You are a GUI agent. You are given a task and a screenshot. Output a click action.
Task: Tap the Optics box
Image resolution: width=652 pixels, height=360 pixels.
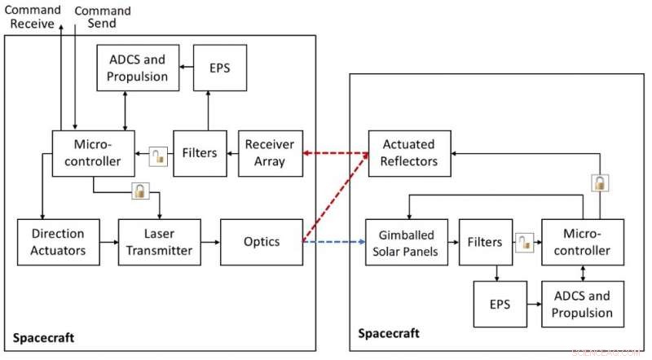[262, 242]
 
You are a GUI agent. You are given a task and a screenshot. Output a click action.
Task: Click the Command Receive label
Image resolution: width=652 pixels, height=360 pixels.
[32, 17]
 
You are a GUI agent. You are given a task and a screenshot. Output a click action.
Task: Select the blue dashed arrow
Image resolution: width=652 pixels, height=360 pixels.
[334, 242]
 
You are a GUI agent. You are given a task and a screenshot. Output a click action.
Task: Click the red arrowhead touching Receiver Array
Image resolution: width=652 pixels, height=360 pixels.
[307, 153]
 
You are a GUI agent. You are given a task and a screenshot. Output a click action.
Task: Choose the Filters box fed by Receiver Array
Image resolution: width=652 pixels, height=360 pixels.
[199, 153]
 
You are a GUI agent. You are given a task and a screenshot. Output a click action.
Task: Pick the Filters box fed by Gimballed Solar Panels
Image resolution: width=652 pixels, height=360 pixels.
[484, 242]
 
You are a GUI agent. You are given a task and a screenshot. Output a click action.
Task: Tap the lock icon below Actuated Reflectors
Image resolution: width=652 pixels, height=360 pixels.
[599, 182]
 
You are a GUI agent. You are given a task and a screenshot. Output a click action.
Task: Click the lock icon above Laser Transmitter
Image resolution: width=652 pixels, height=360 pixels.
[141, 192]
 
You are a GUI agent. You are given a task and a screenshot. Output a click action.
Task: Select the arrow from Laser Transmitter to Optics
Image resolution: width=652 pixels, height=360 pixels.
[209, 242]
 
